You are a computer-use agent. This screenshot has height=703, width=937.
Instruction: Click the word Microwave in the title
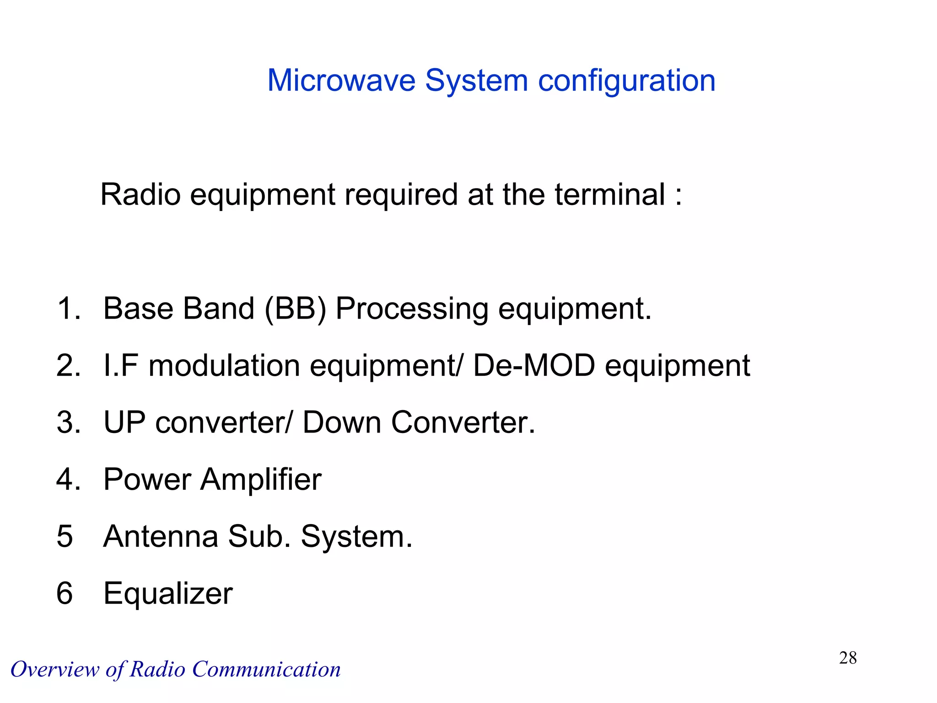point(341,81)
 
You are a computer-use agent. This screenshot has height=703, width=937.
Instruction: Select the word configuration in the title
point(626,81)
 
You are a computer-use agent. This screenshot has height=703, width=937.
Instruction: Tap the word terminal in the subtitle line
point(609,195)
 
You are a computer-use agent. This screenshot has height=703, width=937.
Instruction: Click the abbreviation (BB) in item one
point(296,309)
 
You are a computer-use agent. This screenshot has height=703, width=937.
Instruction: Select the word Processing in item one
point(412,309)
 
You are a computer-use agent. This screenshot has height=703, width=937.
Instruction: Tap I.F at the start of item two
point(121,366)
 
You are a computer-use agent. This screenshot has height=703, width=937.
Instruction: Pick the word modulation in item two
point(224,366)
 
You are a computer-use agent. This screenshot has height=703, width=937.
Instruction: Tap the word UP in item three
point(124,422)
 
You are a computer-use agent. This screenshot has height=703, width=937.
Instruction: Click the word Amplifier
point(261,479)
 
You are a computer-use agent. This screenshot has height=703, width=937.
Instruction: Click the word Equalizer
point(168,594)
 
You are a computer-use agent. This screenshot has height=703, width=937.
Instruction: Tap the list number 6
point(65,593)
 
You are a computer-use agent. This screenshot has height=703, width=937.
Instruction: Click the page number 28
point(847,658)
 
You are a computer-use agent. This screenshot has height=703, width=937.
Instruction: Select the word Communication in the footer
point(266,670)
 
